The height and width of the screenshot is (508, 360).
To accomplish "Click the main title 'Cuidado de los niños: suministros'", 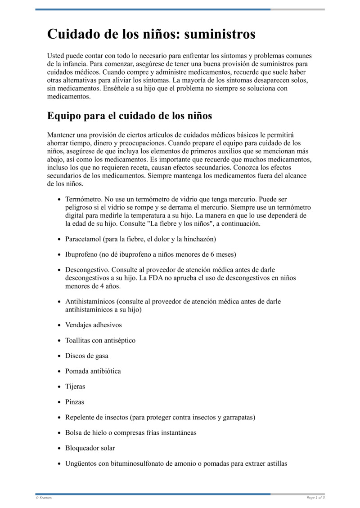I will pyautogui.click(x=151, y=34).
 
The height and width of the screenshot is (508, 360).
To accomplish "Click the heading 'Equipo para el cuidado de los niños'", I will pyautogui.click(x=130, y=116).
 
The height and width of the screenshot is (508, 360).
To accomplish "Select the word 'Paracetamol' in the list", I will pyautogui.click(x=84, y=239).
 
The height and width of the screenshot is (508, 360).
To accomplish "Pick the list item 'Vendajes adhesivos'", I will pyautogui.click(x=93, y=325).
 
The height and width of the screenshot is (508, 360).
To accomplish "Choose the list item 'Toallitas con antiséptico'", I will pyautogui.click(x=100, y=340).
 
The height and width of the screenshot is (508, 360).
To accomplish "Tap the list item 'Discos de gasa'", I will pyautogui.click(x=86, y=356).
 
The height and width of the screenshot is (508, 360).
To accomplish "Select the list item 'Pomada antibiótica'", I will pyautogui.click(x=93, y=371).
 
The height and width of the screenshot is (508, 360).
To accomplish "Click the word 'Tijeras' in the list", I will pyautogui.click(x=75, y=387).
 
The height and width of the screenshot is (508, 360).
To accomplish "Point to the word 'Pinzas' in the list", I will pyautogui.click(x=74, y=402).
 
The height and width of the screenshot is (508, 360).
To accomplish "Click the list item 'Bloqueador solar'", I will pyautogui.click(x=90, y=448).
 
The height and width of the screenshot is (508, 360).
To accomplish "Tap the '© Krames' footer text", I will pyautogui.click(x=44, y=498).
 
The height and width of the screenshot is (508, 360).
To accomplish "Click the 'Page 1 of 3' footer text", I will pyautogui.click(x=315, y=498).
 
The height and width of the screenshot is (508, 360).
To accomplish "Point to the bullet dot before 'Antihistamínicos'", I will pyautogui.click(x=60, y=302).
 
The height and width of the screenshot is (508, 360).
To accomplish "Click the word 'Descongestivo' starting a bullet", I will pyautogui.click(x=85, y=270).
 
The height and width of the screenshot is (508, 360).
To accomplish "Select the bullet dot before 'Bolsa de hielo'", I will pyautogui.click(x=60, y=433).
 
